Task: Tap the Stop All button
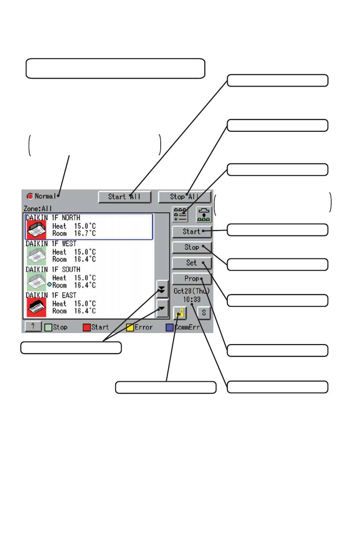[x=185, y=197]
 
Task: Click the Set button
[x=192, y=263]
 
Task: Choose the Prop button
[x=192, y=278]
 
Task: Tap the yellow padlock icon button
[x=180, y=313]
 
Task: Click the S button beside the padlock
[x=204, y=313]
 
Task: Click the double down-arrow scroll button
[x=162, y=289]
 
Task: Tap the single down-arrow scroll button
[x=162, y=308]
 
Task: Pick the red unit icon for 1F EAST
[x=36, y=307]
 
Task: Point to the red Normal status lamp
[x=30, y=196]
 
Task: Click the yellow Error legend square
[x=130, y=327]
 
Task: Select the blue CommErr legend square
[x=169, y=327]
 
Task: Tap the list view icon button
[x=180, y=214]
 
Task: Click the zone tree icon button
[x=203, y=214]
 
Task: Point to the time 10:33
[x=192, y=300]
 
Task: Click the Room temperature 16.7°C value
[x=85, y=233]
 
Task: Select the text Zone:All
[x=38, y=208]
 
